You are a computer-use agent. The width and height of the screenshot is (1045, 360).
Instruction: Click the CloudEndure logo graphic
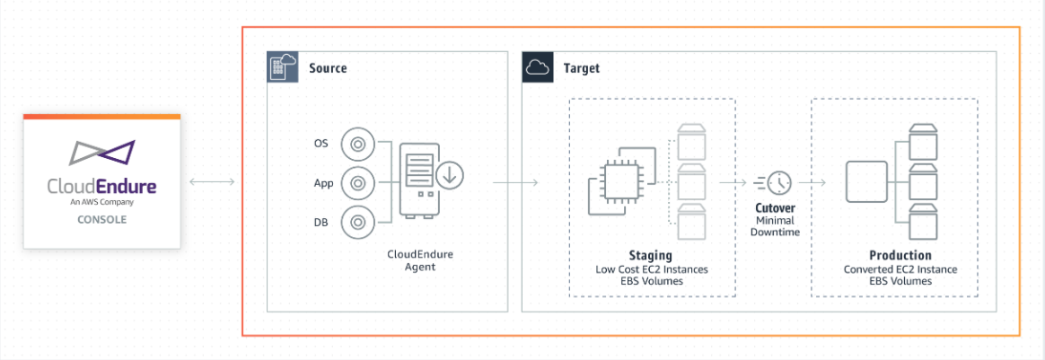pyautogui.click(x=101, y=154)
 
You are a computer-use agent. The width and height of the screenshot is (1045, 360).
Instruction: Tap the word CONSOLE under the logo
pyautogui.click(x=101, y=219)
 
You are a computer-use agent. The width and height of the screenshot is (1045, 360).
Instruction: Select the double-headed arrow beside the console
pyautogui.click(x=212, y=183)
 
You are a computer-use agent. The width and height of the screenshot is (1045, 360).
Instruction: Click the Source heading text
pyautogui.click(x=328, y=68)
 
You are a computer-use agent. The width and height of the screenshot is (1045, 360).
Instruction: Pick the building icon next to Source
pyautogui.click(x=283, y=68)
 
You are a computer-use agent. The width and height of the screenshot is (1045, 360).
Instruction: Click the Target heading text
pyautogui.click(x=582, y=68)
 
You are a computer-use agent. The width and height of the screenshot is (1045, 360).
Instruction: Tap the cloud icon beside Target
pyautogui.click(x=537, y=68)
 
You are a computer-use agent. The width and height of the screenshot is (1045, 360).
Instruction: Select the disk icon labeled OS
pyautogui.click(x=358, y=144)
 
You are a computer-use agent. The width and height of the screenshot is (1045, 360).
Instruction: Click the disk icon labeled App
pyautogui.click(x=358, y=183)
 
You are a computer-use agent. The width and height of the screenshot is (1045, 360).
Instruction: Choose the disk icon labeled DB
pyautogui.click(x=358, y=222)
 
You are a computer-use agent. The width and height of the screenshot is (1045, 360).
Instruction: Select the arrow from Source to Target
pyautogui.click(x=515, y=183)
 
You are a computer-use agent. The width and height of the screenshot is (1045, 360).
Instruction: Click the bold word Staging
pyautogui.click(x=652, y=256)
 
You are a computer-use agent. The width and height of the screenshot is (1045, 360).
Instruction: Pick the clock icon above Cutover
pyautogui.click(x=777, y=182)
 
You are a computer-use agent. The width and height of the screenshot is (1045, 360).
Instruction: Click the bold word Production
pyautogui.click(x=900, y=256)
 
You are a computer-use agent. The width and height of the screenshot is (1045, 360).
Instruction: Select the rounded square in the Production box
pyautogui.click(x=866, y=182)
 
